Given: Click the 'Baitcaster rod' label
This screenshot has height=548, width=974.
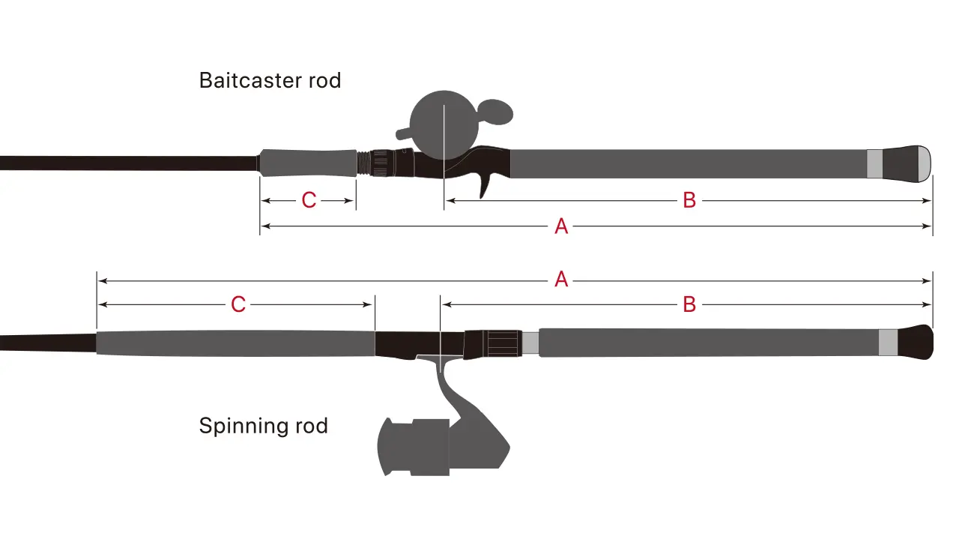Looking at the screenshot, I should (x=270, y=80).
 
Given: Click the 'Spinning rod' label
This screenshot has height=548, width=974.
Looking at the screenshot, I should (x=263, y=427).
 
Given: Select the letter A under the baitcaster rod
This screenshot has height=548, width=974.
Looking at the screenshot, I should (x=561, y=226).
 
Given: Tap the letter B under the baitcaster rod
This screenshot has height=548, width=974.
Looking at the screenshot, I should (x=689, y=200).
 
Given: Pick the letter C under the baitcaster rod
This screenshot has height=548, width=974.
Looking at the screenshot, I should (x=309, y=200).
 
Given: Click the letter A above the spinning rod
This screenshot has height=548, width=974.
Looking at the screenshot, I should (x=561, y=280).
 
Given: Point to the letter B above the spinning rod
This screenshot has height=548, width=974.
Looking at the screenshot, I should (x=689, y=304).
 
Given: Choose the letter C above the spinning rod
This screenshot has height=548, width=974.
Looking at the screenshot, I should (x=238, y=304).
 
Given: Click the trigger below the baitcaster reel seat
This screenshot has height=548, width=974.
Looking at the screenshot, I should (x=486, y=183).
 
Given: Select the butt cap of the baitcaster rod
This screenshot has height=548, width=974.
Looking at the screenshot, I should (x=908, y=163).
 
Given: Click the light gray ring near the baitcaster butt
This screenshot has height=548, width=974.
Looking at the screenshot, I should (x=874, y=163).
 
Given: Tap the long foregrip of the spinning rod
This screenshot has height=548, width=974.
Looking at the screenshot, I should (x=235, y=343).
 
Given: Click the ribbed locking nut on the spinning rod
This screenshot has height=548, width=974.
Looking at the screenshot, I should (x=503, y=343).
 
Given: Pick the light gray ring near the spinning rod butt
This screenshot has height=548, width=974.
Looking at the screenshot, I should (x=889, y=343).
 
